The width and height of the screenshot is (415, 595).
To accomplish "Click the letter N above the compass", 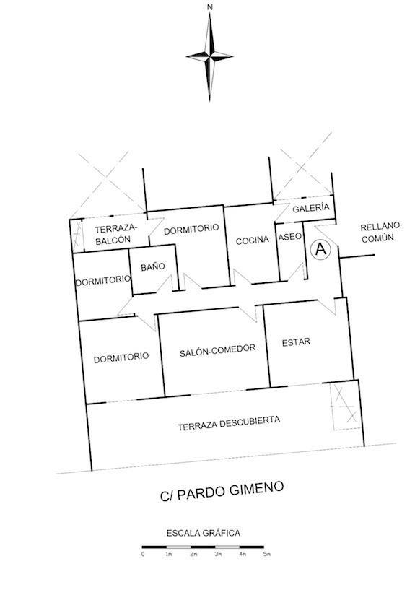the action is [x=210, y=6].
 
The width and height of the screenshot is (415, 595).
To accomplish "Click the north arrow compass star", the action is [x=209, y=56].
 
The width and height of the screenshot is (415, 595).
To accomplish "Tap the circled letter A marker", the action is [x=320, y=249].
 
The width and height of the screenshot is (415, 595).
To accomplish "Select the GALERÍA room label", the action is [x=310, y=207].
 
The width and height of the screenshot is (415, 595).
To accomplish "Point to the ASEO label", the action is [x=290, y=237].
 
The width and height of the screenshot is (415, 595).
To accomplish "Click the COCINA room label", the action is [x=253, y=240].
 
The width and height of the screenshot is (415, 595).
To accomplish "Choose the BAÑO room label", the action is [x=152, y=266].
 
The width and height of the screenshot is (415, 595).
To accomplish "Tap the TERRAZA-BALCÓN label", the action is [x=115, y=234].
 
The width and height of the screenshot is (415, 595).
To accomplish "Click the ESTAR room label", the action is [x=296, y=342].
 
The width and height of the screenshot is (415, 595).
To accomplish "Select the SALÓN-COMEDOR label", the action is [x=217, y=351].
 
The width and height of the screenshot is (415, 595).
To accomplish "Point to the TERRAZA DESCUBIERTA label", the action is [x=229, y=423].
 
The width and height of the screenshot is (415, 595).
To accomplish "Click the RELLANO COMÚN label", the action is [x=380, y=232].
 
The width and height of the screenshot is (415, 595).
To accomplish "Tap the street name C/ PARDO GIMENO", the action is [x=222, y=492].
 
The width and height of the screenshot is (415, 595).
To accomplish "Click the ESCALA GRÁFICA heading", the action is [x=204, y=533].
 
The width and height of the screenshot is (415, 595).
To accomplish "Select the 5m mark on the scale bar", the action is [x=266, y=555].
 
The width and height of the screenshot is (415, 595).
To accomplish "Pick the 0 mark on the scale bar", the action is [x=143, y=555].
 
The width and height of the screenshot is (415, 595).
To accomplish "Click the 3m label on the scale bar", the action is [x=218, y=555].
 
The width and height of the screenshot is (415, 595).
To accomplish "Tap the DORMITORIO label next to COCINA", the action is [x=191, y=229].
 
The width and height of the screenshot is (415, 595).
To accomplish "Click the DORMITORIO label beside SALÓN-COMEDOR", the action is [x=121, y=358].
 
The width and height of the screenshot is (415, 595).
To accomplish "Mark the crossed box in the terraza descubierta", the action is [x=345, y=405].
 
